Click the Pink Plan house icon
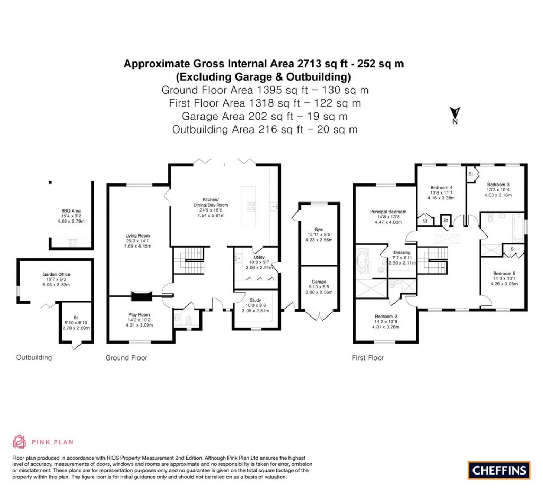pyautogui.click(x=19, y=442)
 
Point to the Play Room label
pyautogui.click(x=139, y=315)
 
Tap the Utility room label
pyautogui.click(x=259, y=258)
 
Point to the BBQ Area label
pyautogui.click(x=71, y=210)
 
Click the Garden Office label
pyautogui.click(x=56, y=275)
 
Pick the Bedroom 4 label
pyautogui.click(x=441, y=188)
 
